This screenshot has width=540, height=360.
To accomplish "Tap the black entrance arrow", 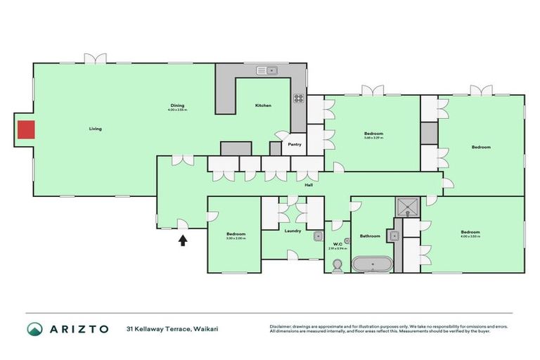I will [x=183, y=240].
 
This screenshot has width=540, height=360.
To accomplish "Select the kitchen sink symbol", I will [x=268, y=70].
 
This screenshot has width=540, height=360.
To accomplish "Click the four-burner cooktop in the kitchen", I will [x=298, y=99].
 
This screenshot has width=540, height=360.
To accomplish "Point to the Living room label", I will [x=96, y=129].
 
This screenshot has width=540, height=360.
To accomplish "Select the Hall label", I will [x=309, y=185].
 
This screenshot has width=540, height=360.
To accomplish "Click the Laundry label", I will [x=293, y=230].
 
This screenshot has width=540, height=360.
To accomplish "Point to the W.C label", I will [x=337, y=244].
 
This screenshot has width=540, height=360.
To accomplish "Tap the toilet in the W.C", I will [x=337, y=265].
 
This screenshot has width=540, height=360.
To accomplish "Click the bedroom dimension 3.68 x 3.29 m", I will [x=373, y=138].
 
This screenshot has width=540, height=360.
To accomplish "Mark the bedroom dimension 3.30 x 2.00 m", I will [x=236, y=238].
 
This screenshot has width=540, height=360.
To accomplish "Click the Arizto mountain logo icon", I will [x=34, y=329].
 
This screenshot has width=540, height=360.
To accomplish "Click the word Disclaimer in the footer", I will [x=281, y=326].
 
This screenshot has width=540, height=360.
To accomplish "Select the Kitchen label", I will [x=263, y=105].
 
